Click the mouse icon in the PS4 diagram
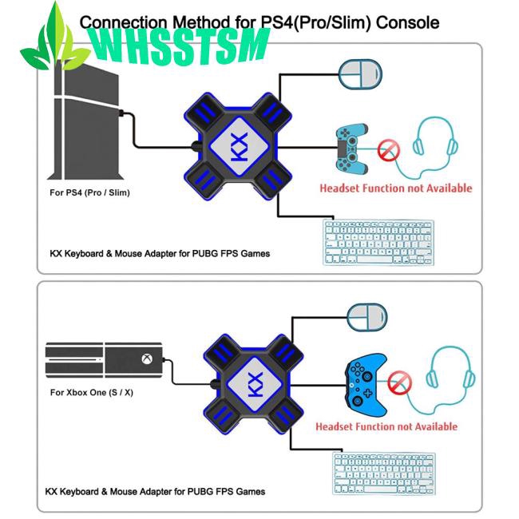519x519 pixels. tap(360, 74)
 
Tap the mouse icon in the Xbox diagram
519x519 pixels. tap(366, 318)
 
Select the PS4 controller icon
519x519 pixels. tap(352, 149)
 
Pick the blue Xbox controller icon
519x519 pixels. tap(366, 386)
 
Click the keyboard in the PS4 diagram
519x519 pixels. tap(378, 242)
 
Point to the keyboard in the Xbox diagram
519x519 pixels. tap(384, 473)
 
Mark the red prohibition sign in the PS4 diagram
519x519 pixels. tap(389, 151)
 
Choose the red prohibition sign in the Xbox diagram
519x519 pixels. tap(399, 382)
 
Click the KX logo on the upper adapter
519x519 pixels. tap(239, 147)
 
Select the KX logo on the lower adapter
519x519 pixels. tap(256, 384)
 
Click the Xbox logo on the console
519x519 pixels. tap(147, 359)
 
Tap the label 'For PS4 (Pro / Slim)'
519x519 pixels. tap(89, 192)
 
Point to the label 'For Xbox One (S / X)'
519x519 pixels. tap(92, 393)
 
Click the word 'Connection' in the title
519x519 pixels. tap(123, 22)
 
